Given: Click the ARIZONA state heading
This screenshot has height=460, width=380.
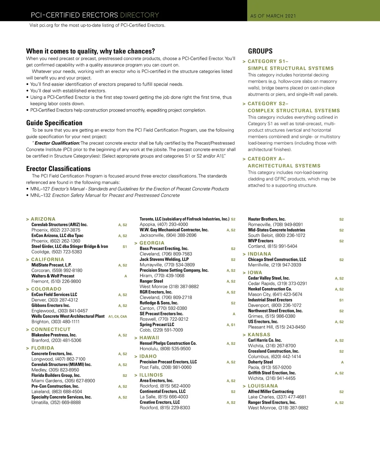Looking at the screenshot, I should pos(43,219).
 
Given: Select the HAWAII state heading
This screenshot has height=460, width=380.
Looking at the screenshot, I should pos(149,338).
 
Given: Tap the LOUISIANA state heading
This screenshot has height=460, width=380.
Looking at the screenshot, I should pos(263,386).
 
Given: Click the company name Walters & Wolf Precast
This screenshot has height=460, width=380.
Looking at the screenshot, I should pos(53,276).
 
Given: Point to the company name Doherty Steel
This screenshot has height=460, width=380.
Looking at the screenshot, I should pos(260,362).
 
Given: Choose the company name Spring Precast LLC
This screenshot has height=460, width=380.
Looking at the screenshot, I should pos(157,325).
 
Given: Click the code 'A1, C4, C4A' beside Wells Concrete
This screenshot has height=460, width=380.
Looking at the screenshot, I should pos(117,317).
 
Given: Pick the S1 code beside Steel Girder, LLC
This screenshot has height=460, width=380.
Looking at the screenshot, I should pos(125,246).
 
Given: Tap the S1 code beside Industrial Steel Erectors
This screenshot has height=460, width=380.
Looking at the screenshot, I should pos(341,300).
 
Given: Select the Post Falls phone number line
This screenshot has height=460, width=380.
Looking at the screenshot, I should pos(166,367).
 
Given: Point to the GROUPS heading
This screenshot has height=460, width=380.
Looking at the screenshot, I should pos(260,51).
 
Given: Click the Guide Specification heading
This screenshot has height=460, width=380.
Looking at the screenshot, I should pos(54,123).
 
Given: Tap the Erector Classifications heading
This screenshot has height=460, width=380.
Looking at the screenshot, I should pos(58,169).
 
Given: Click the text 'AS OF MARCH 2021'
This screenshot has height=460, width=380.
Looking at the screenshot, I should pos(273,16).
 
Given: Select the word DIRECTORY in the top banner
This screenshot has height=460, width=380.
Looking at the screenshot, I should pos(140,15).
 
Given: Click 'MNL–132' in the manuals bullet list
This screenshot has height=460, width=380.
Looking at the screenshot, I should pos(40,195).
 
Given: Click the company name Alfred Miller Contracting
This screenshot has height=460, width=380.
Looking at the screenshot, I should pos(271,392).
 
